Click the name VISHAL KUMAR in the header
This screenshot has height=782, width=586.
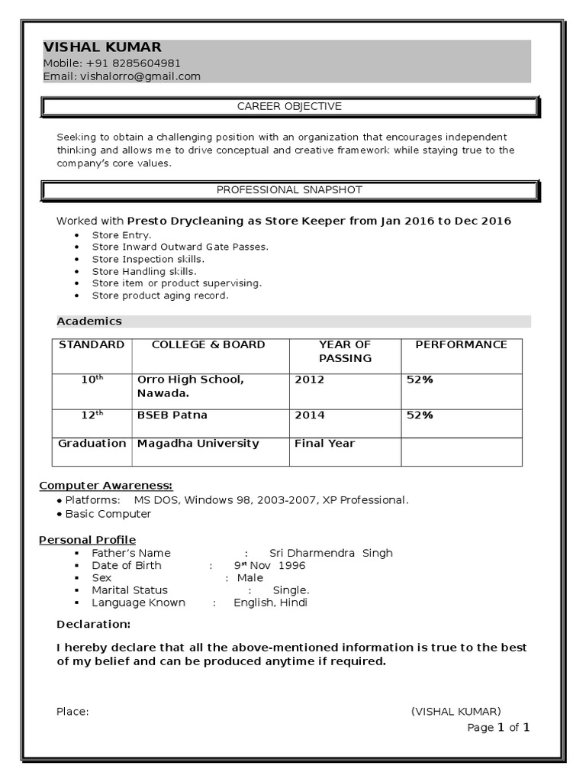[x=102, y=47]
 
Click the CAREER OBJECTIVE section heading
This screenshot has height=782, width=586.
[x=289, y=106]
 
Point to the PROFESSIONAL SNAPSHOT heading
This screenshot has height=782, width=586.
[x=289, y=189]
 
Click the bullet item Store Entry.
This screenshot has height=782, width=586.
[x=121, y=235]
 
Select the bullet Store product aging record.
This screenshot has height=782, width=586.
[x=160, y=295]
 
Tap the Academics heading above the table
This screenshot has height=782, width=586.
[x=89, y=322]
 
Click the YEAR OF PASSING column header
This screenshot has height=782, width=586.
[x=345, y=351]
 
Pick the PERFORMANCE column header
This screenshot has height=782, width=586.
[x=461, y=344]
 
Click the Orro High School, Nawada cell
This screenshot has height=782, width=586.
[x=191, y=386]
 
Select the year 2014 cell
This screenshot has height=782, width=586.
[x=309, y=415]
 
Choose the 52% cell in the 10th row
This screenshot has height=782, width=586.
[x=420, y=380]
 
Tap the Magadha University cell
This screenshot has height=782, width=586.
[x=198, y=444]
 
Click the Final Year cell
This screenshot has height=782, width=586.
[x=324, y=444]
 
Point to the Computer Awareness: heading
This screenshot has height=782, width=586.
[x=106, y=486]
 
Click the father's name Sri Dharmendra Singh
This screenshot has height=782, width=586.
[x=331, y=553]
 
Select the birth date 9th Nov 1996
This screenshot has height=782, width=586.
[x=269, y=566]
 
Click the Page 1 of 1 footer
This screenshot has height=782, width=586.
[x=498, y=728]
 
